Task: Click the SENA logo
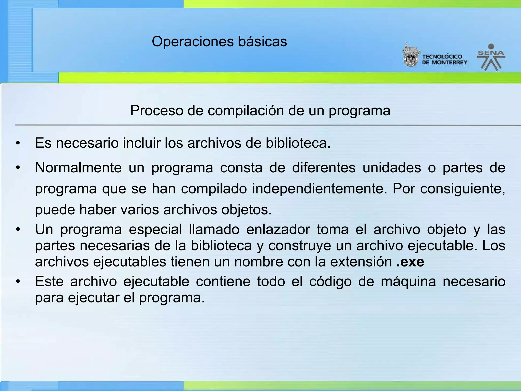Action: [x=491, y=58]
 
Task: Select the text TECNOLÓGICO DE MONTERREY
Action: [x=444, y=60]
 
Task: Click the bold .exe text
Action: [x=410, y=262]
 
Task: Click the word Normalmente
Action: [x=78, y=168]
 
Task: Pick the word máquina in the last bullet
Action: [x=408, y=282]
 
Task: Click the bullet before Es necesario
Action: [x=18, y=143]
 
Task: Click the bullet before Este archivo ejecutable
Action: [x=18, y=282]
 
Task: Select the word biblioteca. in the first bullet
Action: [x=298, y=143]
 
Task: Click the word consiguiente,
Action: [x=462, y=189]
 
